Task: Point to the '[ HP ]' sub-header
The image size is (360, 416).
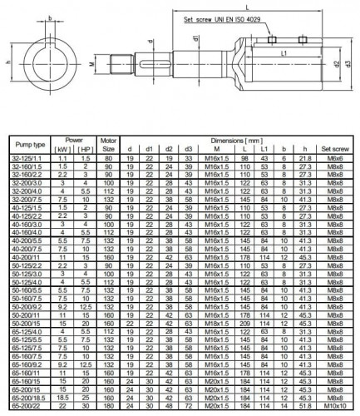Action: (87, 151)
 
